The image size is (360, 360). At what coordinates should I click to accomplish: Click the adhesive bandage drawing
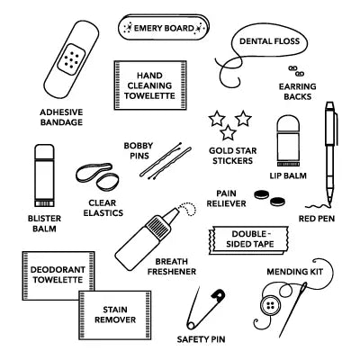(67, 61)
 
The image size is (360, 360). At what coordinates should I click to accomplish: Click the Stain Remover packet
(112, 312)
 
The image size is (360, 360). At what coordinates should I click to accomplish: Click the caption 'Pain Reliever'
(225, 198)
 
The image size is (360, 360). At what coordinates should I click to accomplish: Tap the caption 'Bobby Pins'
(138, 151)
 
